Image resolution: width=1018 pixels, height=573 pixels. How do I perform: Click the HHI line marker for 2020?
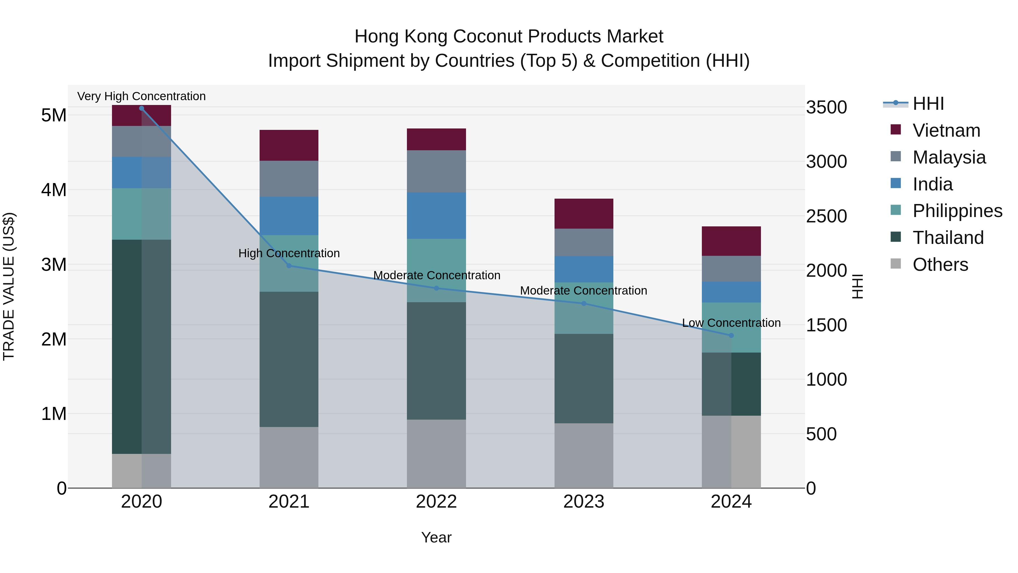click(x=141, y=108)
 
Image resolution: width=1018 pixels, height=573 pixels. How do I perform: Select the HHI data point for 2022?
click(x=436, y=288)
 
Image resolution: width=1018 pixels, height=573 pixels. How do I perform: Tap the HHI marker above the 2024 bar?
click(x=731, y=335)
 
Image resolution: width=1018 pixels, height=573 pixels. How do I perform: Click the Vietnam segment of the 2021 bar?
click(x=289, y=145)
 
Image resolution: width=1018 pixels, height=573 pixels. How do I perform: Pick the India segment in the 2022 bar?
click(x=436, y=216)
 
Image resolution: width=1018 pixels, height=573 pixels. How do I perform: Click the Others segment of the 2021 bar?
click(x=289, y=457)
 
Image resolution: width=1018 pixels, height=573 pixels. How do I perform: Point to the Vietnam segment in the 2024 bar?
click(x=731, y=241)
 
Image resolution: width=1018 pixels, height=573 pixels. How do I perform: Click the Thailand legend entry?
click(x=948, y=238)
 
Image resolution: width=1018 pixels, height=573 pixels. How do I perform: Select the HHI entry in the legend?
click(x=928, y=104)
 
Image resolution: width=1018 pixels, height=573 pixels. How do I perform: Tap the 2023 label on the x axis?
click(x=584, y=502)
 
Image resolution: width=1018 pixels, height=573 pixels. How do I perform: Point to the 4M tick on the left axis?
click(x=54, y=190)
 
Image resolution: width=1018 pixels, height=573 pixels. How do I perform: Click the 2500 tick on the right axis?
click(x=826, y=216)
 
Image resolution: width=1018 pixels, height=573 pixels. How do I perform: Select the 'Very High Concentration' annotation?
click(x=141, y=96)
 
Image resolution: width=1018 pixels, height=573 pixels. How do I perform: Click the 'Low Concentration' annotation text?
click(x=731, y=323)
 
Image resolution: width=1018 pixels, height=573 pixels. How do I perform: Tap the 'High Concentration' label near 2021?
click(x=289, y=253)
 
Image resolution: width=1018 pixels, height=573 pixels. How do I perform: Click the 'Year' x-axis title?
click(x=436, y=537)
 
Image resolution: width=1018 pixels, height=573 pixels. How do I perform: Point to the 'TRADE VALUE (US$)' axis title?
click(x=9, y=286)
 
